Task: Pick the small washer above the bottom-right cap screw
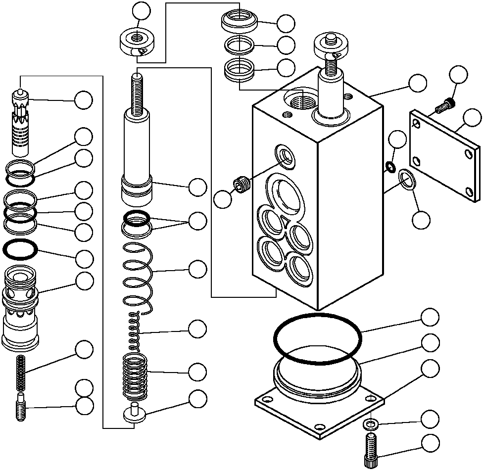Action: (369, 423)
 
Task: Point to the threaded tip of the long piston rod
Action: (137, 92)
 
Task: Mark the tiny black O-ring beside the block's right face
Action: (390, 167)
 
